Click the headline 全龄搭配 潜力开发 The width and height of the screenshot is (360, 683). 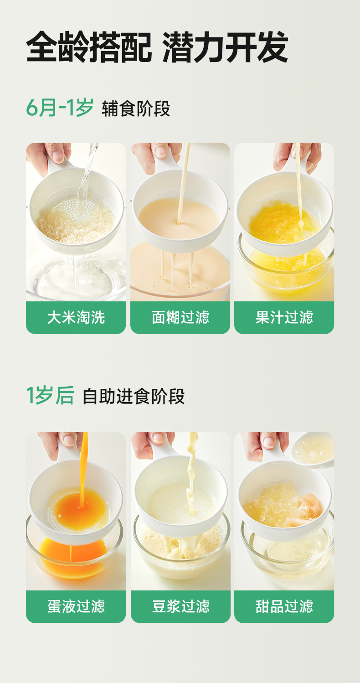(x=157, y=47)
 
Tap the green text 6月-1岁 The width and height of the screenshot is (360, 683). (x=60, y=108)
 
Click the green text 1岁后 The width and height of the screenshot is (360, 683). (x=50, y=395)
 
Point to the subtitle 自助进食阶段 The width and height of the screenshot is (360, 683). (x=134, y=396)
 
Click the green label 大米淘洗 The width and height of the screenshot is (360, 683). (x=76, y=317)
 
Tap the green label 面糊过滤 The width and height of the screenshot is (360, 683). (x=180, y=317)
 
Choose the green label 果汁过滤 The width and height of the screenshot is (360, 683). (x=284, y=317)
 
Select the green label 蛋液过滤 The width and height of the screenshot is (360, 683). (x=76, y=606)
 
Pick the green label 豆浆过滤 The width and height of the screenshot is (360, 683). (x=180, y=606)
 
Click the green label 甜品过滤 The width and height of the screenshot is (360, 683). (x=284, y=606)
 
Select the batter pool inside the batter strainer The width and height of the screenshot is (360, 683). (x=179, y=217)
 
